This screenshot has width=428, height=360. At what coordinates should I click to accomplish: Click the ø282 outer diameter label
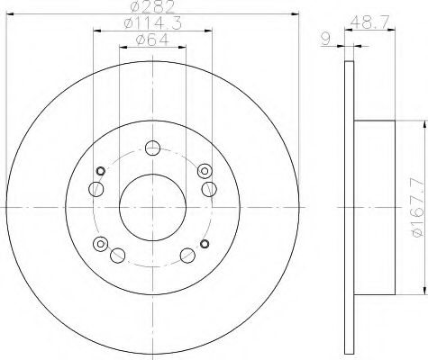click(x=153, y=6)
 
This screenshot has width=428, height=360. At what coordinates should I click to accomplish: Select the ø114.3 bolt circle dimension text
click(x=153, y=23)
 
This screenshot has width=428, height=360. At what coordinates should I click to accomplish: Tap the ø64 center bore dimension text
click(x=152, y=40)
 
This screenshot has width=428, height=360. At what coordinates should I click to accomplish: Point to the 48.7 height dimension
click(x=369, y=22)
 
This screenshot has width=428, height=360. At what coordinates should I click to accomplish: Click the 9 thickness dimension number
click(x=325, y=39)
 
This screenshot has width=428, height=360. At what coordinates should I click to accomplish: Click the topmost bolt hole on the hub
click(x=152, y=148)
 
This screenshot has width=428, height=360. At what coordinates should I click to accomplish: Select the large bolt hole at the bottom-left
click(x=117, y=256)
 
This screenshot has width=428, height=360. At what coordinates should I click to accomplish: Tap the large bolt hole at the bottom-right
click(x=187, y=256)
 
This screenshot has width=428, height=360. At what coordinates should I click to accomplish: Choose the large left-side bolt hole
click(x=96, y=189)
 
